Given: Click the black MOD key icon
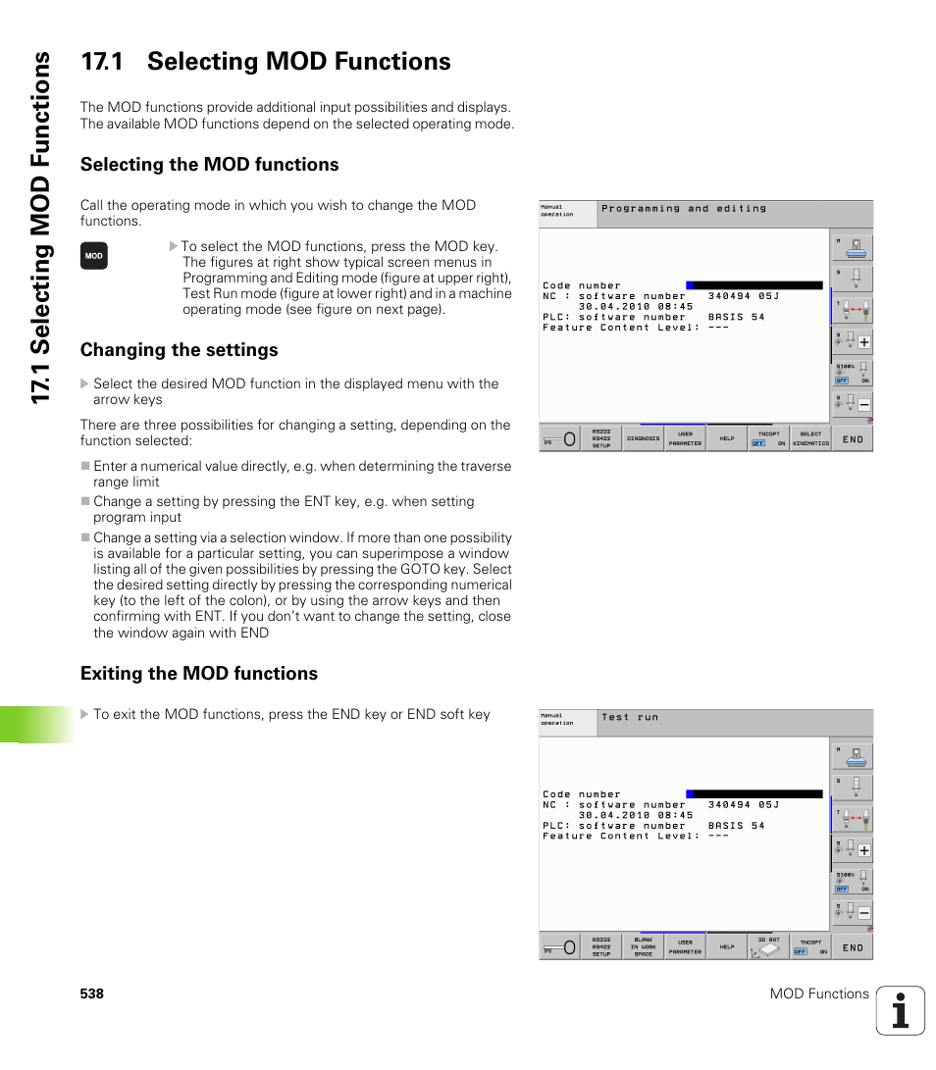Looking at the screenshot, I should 93,256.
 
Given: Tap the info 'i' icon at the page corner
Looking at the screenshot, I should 900,1010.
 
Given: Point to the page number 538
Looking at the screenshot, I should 92,994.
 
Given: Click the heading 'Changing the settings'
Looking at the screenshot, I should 179,350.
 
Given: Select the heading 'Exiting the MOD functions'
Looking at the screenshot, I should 198,673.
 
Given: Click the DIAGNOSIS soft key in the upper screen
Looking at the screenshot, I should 643,438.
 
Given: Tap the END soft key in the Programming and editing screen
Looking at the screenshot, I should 853,439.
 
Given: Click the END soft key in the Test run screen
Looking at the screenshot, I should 853,947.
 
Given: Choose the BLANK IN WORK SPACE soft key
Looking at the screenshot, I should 643,946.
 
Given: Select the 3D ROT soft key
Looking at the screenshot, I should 768,946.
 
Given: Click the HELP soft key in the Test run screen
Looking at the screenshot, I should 726,946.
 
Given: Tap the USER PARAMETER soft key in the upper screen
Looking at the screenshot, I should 685,438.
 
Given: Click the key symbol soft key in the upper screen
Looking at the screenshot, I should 559,439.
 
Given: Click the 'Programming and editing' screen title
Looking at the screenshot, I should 684,208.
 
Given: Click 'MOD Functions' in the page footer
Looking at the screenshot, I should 818,994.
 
